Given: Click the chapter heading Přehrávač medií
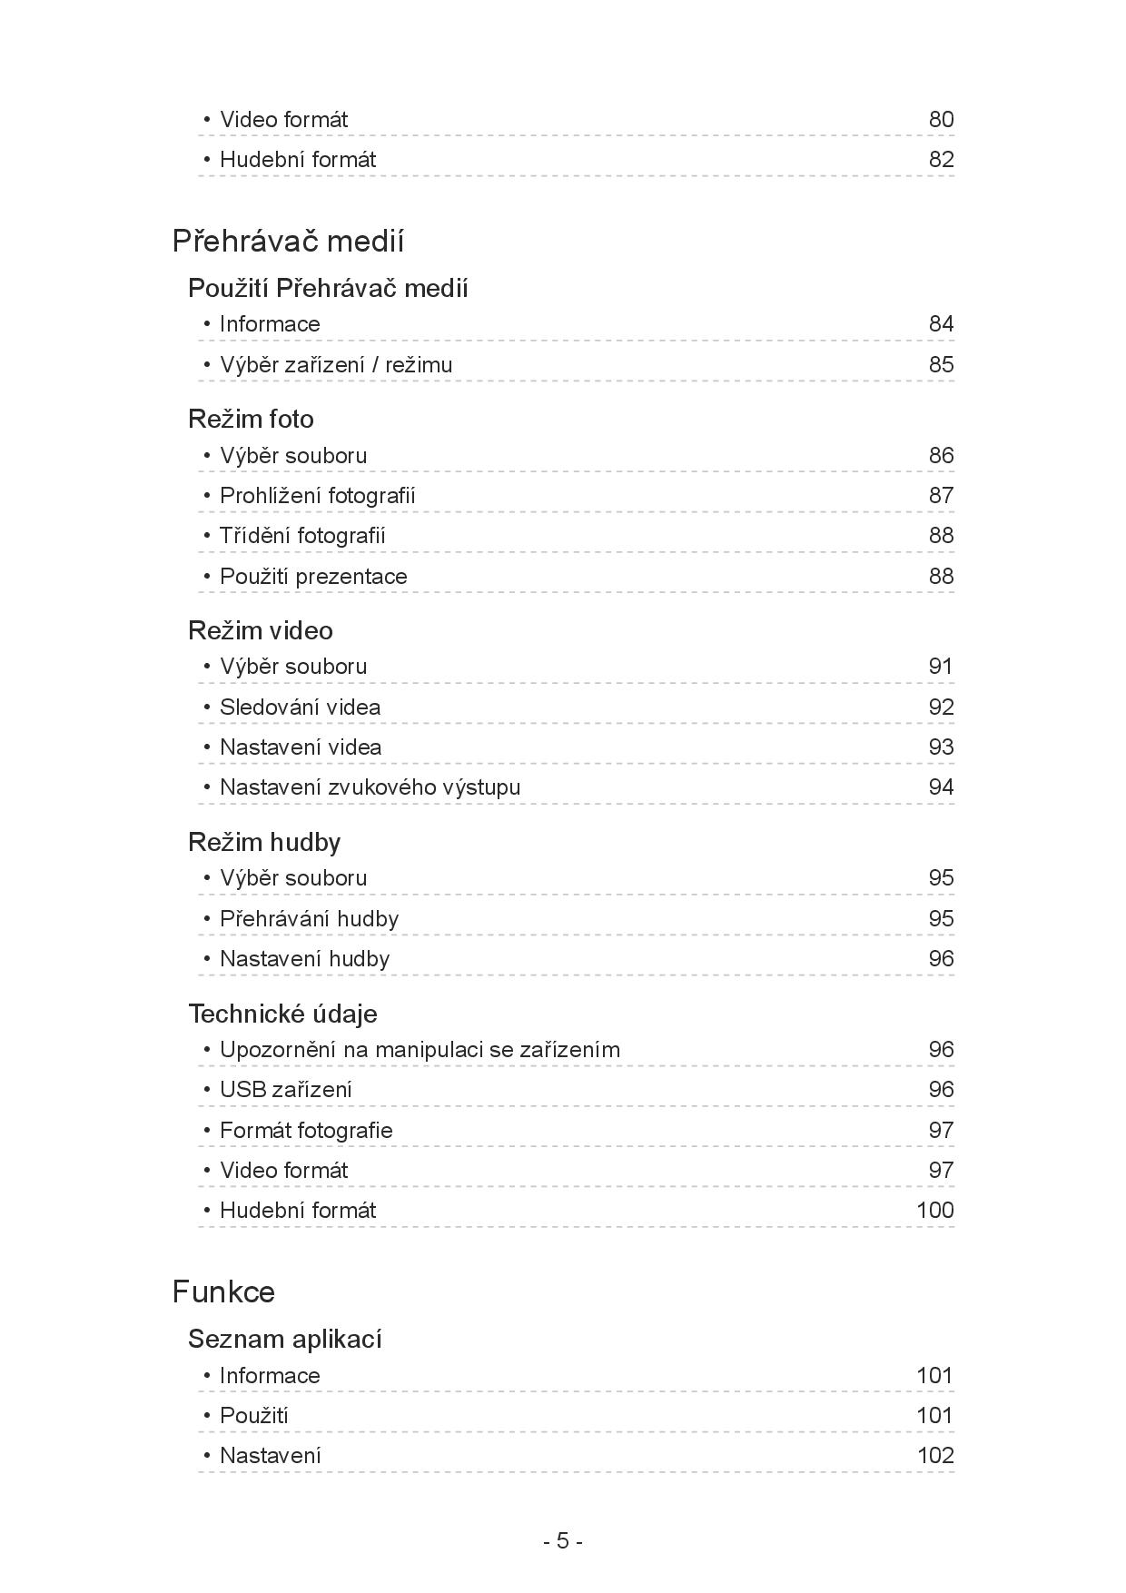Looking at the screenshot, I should (288, 242).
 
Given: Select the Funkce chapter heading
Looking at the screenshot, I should (223, 1291).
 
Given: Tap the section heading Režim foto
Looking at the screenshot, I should (251, 419).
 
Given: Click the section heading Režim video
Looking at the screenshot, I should (260, 630).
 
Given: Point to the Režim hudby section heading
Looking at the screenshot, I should (263, 842).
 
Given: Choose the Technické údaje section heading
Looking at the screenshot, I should (282, 1014).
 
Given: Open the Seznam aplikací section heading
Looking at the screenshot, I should (284, 1339).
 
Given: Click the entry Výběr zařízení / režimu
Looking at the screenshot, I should (335, 365).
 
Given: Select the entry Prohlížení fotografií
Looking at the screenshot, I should (317, 496).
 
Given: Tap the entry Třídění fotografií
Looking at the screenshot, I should (302, 536).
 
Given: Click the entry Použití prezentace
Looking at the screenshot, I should (313, 577).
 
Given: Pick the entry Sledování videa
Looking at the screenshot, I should (300, 707).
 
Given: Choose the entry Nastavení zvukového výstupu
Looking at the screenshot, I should (370, 787).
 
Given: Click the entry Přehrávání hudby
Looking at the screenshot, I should (309, 919).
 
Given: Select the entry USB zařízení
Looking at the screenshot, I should (285, 1090).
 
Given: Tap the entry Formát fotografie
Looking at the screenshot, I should (306, 1131).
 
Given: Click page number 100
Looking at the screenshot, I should (934, 1211).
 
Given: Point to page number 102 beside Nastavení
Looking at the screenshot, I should (934, 1456).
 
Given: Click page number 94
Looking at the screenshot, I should (941, 787).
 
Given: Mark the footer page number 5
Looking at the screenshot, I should (563, 1541).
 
